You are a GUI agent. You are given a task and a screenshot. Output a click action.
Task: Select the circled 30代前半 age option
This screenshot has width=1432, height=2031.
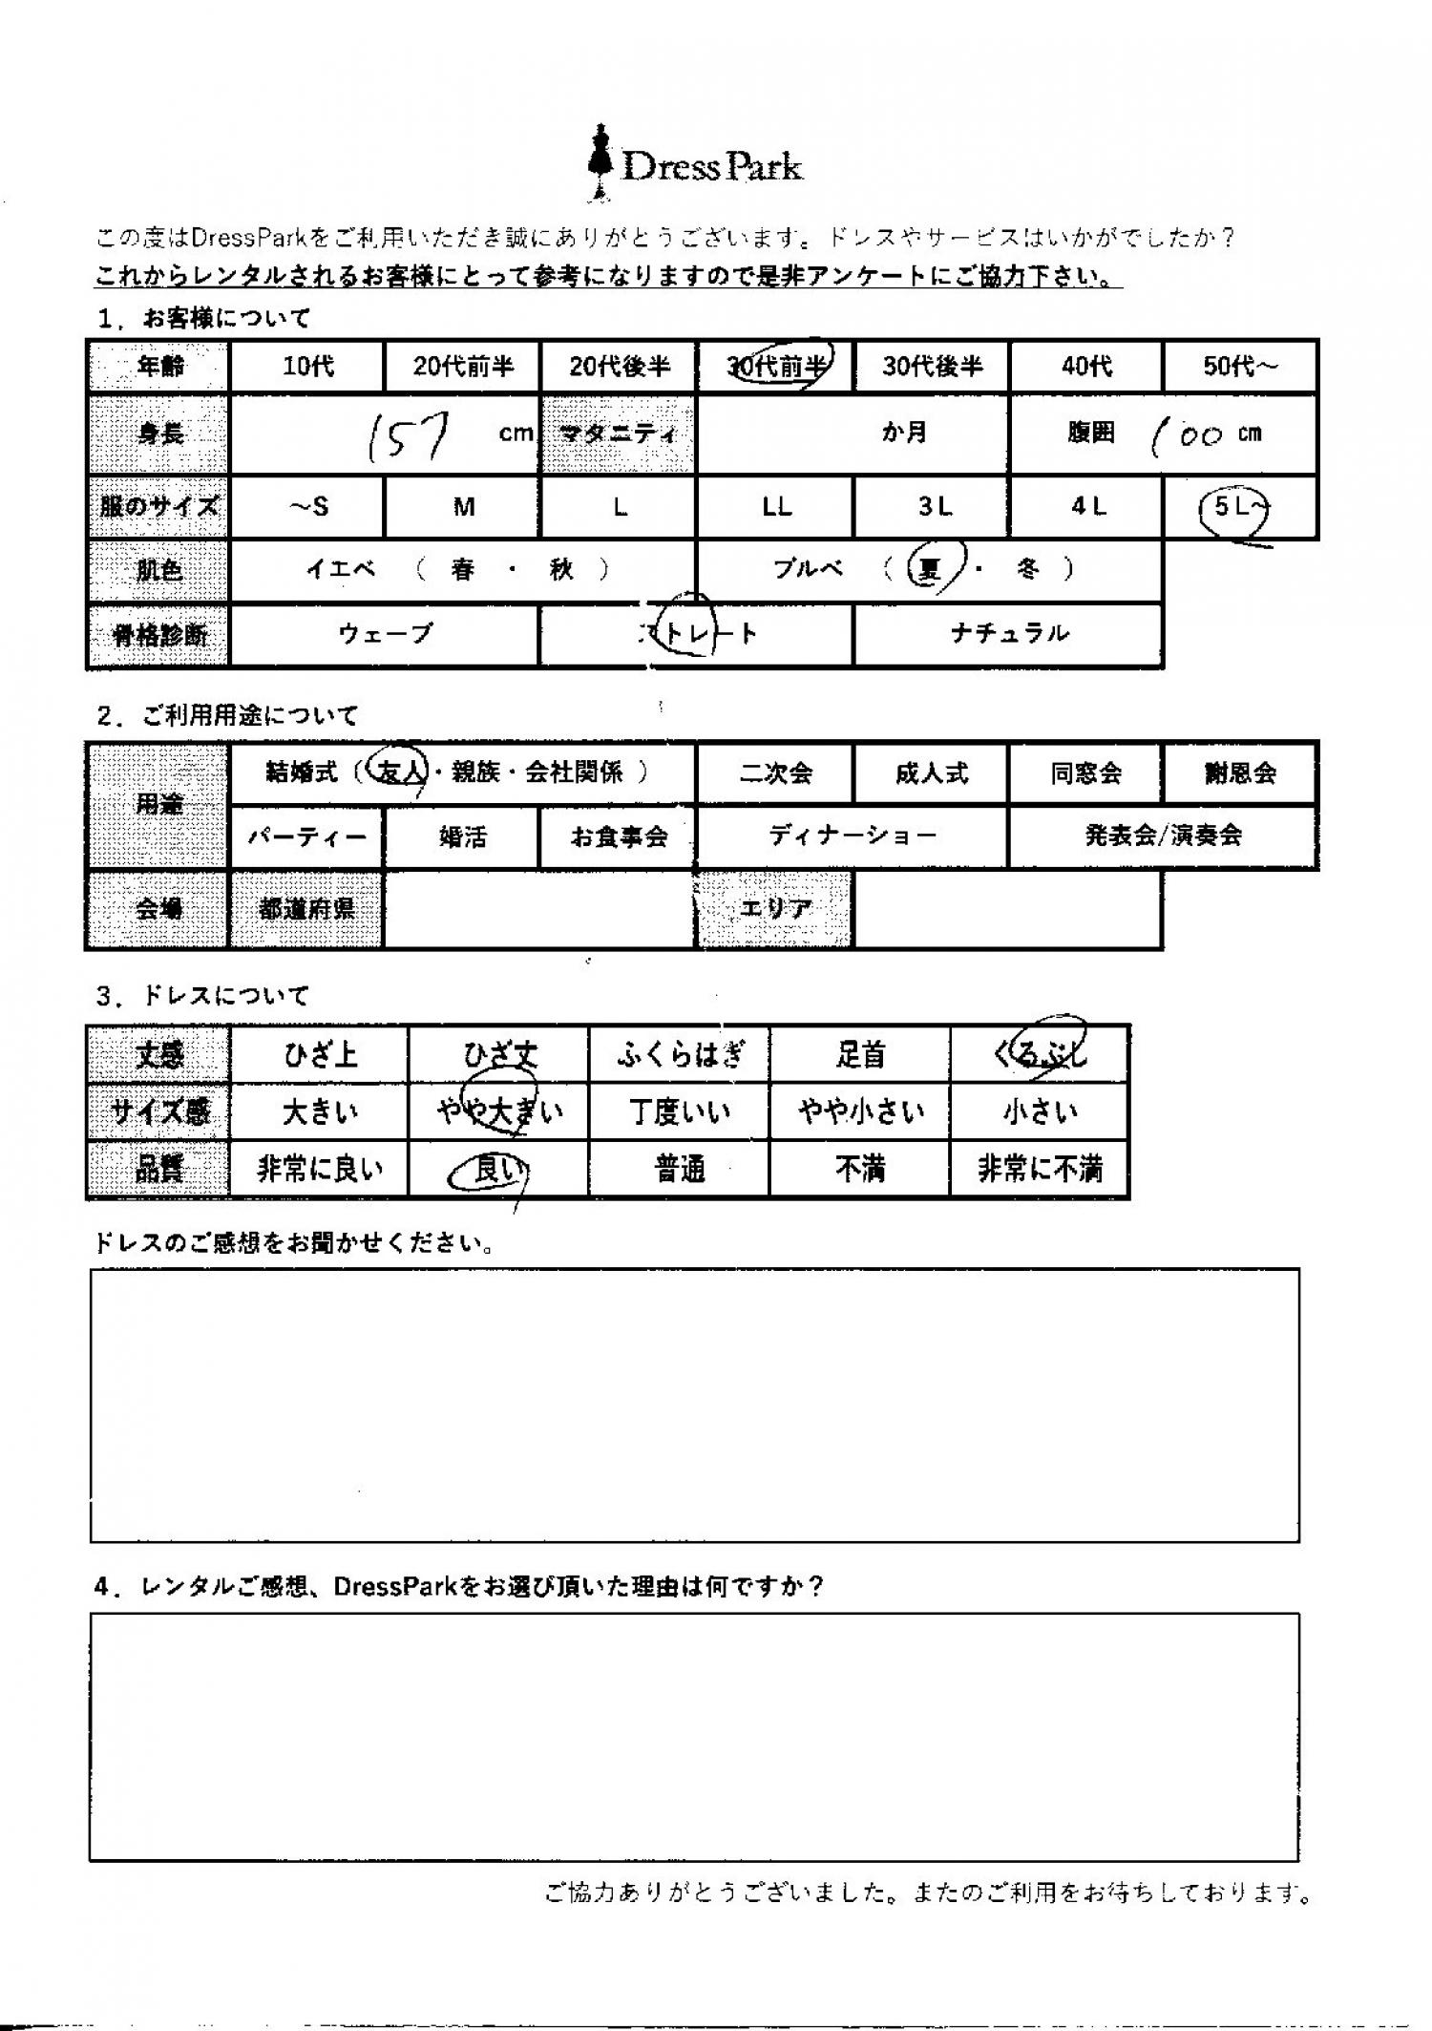coord(776,366)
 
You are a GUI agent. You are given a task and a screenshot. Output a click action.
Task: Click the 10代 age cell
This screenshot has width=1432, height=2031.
coord(307,367)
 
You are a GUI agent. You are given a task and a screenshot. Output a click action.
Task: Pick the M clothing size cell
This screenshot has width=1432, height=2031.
coord(463,508)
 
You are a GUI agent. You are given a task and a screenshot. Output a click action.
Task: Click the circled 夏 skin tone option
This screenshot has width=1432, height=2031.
coord(929,569)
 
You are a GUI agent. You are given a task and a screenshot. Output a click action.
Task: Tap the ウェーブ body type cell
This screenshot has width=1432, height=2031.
coord(385,634)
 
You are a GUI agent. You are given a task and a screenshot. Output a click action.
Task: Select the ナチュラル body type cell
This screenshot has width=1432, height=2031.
coord(1008,634)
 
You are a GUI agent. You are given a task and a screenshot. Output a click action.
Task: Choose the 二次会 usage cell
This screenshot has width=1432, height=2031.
coord(775,772)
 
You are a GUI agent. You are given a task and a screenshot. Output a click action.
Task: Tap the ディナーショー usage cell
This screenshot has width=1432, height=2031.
coord(852,836)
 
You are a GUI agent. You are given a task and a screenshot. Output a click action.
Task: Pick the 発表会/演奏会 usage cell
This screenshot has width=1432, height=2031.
coord(1163,836)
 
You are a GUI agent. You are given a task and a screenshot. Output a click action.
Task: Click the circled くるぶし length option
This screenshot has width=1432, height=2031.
coord(1040,1053)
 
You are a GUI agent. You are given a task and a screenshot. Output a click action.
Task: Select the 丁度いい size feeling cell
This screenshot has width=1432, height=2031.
coord(679,1112)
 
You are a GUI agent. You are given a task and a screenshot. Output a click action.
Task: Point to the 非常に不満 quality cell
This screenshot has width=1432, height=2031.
coord(1040,1170)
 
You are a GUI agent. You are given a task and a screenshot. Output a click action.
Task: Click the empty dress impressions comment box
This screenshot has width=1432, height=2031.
coord(694,1405)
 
